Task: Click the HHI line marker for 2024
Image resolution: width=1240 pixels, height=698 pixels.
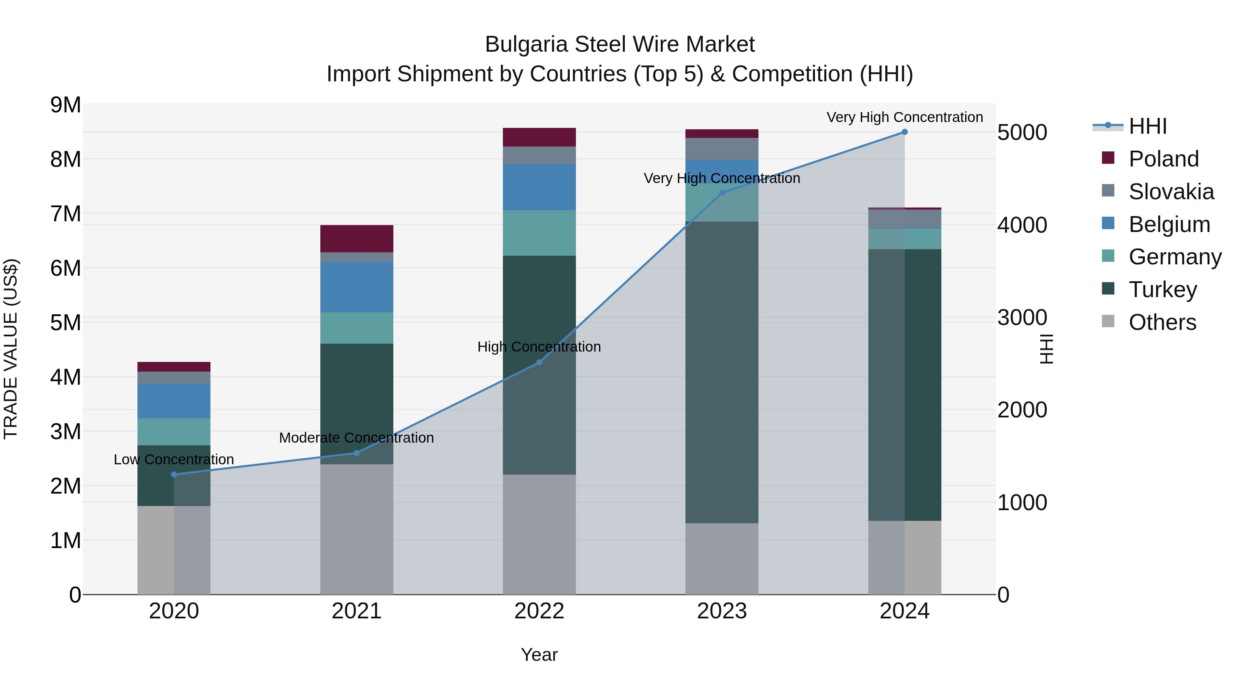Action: [x=905, y=132]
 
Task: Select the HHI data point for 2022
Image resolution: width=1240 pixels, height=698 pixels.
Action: [x=539, y=362]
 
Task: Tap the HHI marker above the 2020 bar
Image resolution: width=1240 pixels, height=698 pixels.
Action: [x=174, y=475]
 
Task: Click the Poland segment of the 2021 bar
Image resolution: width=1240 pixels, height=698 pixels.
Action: [x=357, y=239]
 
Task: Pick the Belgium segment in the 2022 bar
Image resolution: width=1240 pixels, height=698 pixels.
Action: [x=539, y=187]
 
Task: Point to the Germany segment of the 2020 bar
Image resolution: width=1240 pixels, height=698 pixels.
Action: [x=174, y=432]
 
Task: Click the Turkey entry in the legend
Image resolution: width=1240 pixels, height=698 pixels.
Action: [x=1162, y=290]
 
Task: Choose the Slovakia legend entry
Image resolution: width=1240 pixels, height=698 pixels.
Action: [x=1171, y=192]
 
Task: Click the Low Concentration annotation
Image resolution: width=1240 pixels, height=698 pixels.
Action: [x=174, y=459]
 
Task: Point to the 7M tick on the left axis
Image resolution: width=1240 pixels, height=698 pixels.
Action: [x=65, y=214]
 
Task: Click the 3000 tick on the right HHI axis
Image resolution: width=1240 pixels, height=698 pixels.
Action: [x=1022, y=317]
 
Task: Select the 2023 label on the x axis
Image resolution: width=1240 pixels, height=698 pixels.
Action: [x=722, y=611]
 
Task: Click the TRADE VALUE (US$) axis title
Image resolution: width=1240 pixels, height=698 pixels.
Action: [x=11, y=349]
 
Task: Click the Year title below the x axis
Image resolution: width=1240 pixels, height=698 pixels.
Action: [x=539, y=655]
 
